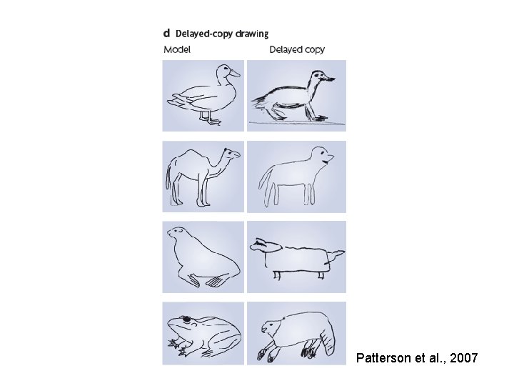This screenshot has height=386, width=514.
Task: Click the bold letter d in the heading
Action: pyautogui.click(x=166, y=34)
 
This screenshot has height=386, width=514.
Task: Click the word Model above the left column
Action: pyautogui.click(x=177, y=49)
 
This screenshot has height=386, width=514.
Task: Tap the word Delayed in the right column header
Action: pyautogui.click(x=284, y=49)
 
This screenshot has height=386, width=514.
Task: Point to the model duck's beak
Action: pyautogui.click(x=235, y=73)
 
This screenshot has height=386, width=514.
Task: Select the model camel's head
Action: pyautogui.click(x=232, y=154)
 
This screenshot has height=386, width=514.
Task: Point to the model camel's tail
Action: pyautogui.click(x=168, y=176)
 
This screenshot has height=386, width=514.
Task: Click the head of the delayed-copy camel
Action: pyautogui.click(x=321, y=154)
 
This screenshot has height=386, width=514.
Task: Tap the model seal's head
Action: pyautogui.click(x=178, y=232)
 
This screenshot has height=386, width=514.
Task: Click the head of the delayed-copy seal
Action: pyautogui.click(x=264, y=246)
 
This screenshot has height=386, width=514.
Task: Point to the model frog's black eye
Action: pyautogui.click(x=186, y=318)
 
